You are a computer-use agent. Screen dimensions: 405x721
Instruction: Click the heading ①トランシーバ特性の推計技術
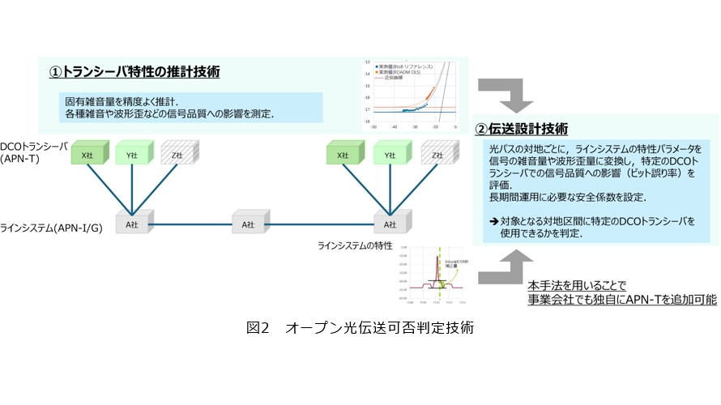click(x=135, y=72)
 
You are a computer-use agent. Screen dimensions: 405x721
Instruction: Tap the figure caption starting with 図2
click(x=360, y=328)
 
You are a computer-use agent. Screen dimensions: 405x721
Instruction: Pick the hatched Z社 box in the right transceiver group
click(x=437, y=154)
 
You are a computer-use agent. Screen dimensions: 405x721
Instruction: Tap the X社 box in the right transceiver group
click(x=343, y=154)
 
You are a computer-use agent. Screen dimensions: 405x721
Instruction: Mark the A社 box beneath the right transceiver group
click(x=390, y=224)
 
